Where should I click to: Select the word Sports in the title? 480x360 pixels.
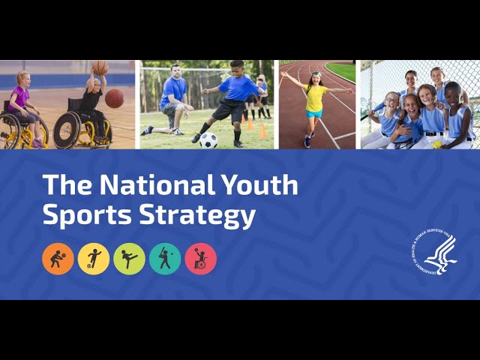pyautogui.click(x=83, y=215)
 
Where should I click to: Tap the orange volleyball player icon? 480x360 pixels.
pyautogui.click(x=58, y=259)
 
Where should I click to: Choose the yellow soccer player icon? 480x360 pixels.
pyautogui.click(x=94, y=259)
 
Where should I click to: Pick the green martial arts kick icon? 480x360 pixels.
pyautogui.click(x=129, y=259)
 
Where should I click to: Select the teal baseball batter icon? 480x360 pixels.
pyautogui.click(x=165, y=259)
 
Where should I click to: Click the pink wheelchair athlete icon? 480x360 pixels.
pyautogui.click(x=200, y=259)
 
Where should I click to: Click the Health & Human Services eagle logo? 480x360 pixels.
pyautogui.click(x=434, y=251)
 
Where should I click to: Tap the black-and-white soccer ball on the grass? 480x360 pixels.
pyautogui.click(x=208, y=139)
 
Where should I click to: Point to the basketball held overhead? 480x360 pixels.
pyautogui.click(x=100, y=68)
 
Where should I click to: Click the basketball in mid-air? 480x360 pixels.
pyautogui.click(x=114, y=98)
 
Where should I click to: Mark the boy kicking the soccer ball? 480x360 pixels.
pyautogui.click(x=232, y=97)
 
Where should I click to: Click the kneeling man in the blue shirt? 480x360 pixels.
pyautogui.click(x=174, y=101)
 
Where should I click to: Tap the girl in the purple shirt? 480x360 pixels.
pyautogui.click(x=20, y=105)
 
